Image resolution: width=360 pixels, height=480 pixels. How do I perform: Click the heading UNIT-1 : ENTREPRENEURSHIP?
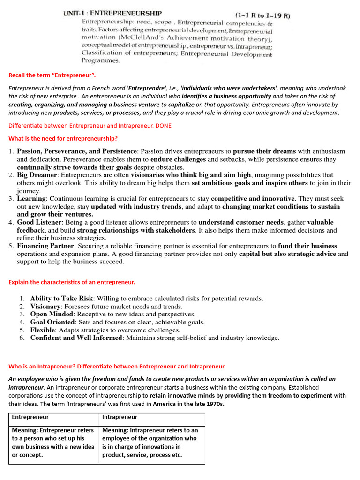(x=112, y=14)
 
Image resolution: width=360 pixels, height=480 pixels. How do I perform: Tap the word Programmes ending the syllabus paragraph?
(x=101, y=60)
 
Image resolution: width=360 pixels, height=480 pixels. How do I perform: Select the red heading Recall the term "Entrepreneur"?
(x=52, y=75)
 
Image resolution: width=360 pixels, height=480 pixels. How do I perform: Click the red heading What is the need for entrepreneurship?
(x=63, y=138)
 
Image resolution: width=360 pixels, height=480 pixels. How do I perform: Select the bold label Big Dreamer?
(x=37, y=175)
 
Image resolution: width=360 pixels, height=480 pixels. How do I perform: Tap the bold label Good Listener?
(x=39, y=222)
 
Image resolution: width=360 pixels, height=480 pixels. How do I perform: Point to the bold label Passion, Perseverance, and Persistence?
(x=77, y=151)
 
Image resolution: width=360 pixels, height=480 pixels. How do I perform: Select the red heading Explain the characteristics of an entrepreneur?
(x=72, y=282)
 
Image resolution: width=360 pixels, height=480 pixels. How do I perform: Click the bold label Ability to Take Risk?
(x=62, y=298)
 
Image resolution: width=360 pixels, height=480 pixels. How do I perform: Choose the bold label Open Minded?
(x=52, y=314)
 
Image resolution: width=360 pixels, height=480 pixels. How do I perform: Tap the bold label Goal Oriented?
(x=52, y=322)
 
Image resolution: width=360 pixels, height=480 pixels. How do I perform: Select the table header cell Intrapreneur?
(x=120, y=417)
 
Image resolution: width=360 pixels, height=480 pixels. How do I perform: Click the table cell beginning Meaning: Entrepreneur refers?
(x=53, y=442)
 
